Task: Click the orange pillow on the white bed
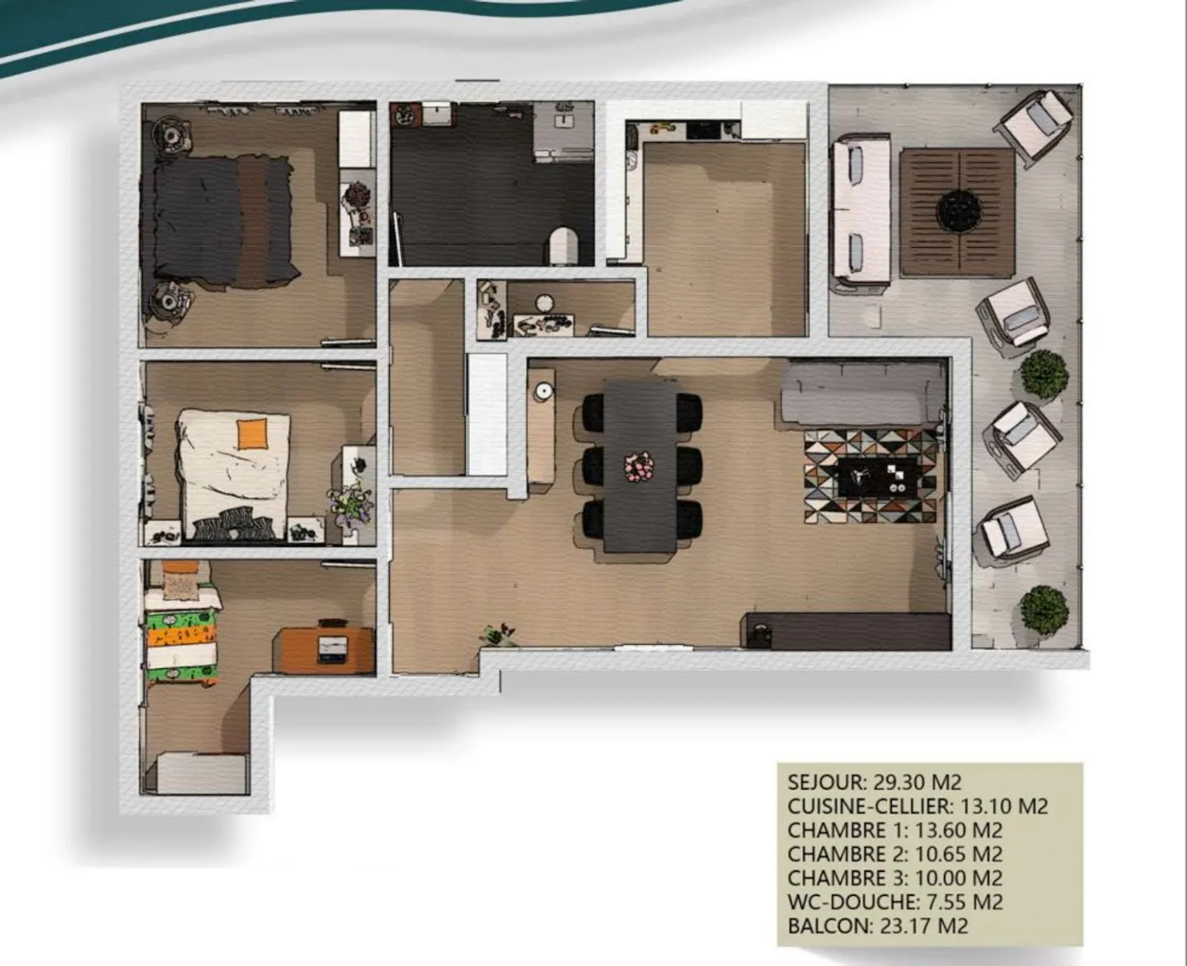coord(252,433)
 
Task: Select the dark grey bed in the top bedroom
coord(218,218)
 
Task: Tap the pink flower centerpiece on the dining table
coord(638,467)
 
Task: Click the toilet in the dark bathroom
coord(564,244)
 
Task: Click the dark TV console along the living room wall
coord(846,631)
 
